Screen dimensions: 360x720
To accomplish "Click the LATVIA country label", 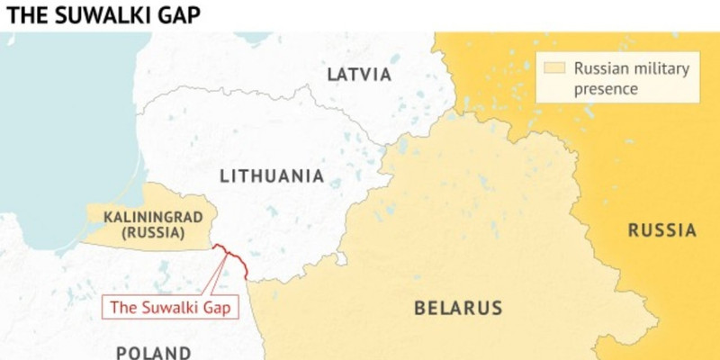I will point(359,74).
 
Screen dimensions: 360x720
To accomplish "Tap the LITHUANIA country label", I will point(270,175).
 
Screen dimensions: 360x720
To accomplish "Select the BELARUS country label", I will point(458,309).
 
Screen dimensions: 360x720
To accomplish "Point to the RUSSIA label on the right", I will point(661,230).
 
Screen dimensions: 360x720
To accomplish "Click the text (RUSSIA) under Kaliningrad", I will point(144,234).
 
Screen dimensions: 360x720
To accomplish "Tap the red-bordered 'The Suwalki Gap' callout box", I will point(170,307).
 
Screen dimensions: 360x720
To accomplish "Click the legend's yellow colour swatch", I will point(555,67).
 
